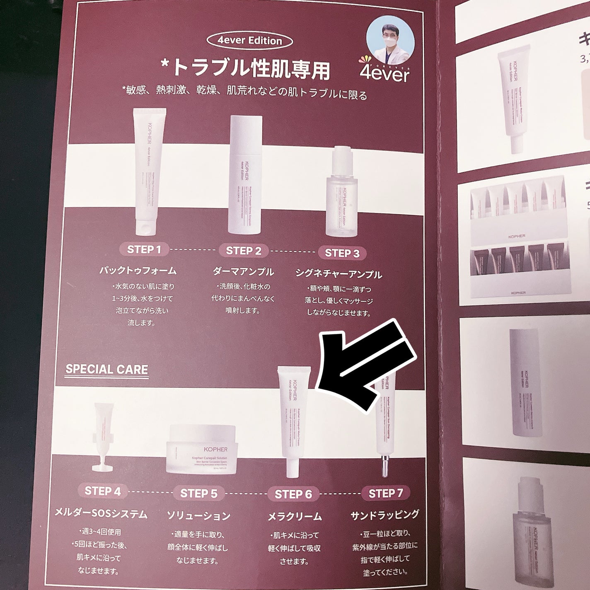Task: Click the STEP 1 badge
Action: click(144, 249)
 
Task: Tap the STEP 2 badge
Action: click(244, 251)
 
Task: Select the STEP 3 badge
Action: click(342, 253)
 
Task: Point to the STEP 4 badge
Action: click(103, 491)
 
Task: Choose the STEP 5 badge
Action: click(199, 493)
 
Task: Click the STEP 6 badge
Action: click(293, 494)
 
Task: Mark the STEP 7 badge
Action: click(386, 493)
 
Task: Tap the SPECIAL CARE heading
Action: click(106, 369)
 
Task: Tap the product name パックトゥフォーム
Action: click(138, 271)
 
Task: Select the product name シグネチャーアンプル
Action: click(339, 274)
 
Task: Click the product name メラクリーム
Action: click(294, 516)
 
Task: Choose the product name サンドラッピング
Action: click(384, 515)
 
